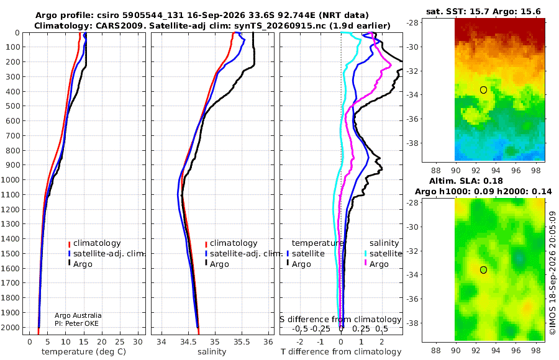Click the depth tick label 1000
11,179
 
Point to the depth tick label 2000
11,327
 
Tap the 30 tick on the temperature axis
138,342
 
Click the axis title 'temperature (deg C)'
84,352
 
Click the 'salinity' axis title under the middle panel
212,352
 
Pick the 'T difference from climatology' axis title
341,352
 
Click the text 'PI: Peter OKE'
76,323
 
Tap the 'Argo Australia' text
78,315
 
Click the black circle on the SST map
483,90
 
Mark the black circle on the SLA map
483,270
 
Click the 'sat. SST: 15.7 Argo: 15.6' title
483,12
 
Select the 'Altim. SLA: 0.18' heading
466,181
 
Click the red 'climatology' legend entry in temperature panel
94,243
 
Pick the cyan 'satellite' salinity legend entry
383,253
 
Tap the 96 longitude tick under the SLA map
516,350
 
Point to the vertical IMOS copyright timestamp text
553,272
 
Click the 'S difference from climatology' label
341,319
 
